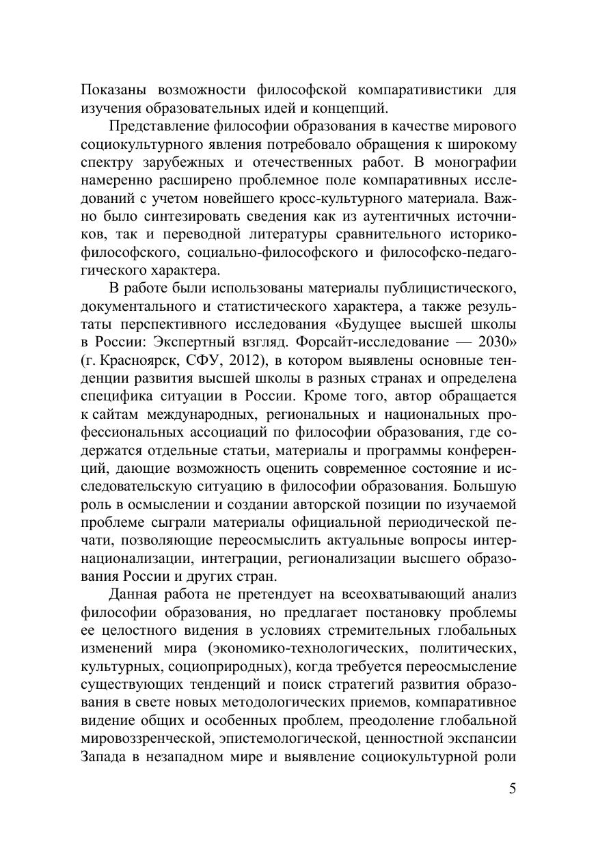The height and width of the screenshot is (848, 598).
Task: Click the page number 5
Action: tap(513, 789)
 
